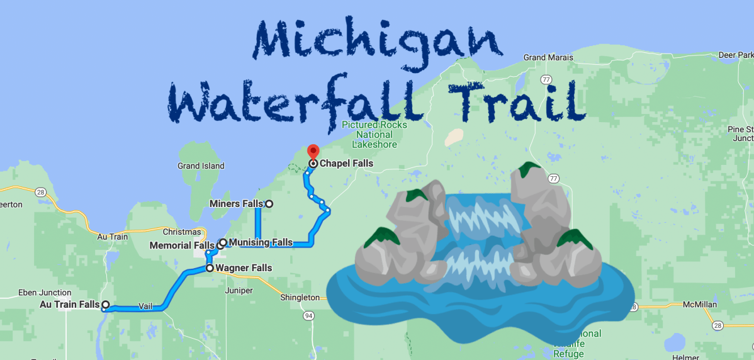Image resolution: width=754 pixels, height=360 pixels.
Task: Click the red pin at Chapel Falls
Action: pyautogui.click(x=313, y=152)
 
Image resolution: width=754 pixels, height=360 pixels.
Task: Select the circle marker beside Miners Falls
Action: pyautogui.click(x=269, y=204)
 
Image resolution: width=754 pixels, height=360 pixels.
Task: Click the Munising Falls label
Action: pyautogui.click(x=261, y=242)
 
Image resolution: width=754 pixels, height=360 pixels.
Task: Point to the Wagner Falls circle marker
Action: pyautogui.click(x=210, y=268)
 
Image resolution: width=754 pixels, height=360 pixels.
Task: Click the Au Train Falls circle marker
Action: pyautogui.click(x=106, y=305)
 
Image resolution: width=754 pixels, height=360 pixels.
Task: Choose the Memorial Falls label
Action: pyautogui.click(x=182, y=245)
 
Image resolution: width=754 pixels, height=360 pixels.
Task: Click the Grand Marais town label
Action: pyautogui.click(x=548, y=57)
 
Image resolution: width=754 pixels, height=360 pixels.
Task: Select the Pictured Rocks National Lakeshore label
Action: pyautogui.click(x=374, y=135)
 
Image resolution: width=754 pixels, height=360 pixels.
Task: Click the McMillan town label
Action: pyautogui.click(x=699, y=305)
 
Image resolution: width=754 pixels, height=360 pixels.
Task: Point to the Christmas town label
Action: pyautogui.click(x=181, y=232)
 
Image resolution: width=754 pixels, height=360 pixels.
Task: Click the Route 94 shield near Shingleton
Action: pyautogui.click(x=308, y=315)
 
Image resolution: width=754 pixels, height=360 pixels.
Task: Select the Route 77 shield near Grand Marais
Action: pyautogui.click(x=547, y=80)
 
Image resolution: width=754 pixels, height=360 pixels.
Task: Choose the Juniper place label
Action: pyautogui.click(x=239, y=291)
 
